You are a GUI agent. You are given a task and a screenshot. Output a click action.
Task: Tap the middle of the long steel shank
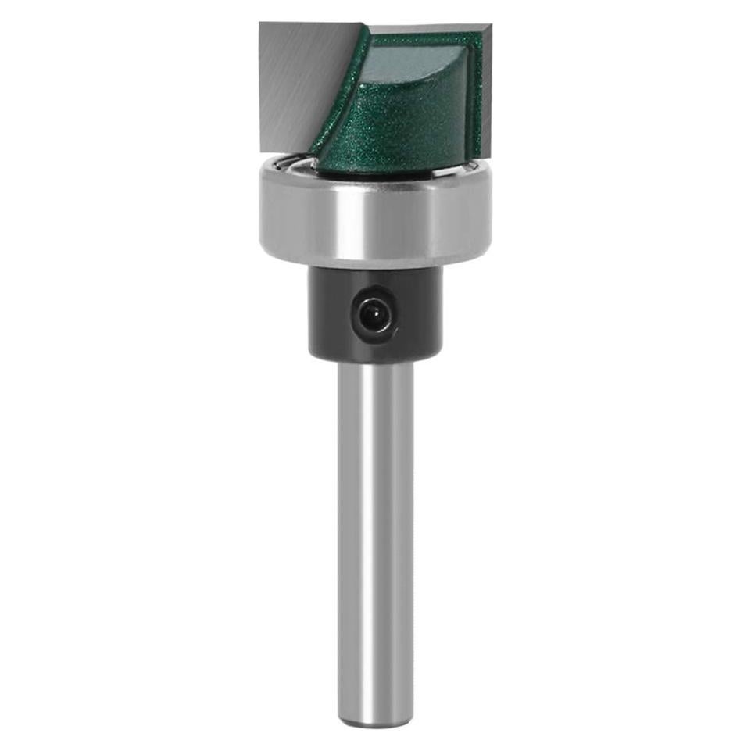point(375,539)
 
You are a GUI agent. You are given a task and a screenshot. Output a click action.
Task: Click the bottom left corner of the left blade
point(263,151)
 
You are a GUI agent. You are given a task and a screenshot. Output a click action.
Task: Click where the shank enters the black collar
point(375,363)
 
